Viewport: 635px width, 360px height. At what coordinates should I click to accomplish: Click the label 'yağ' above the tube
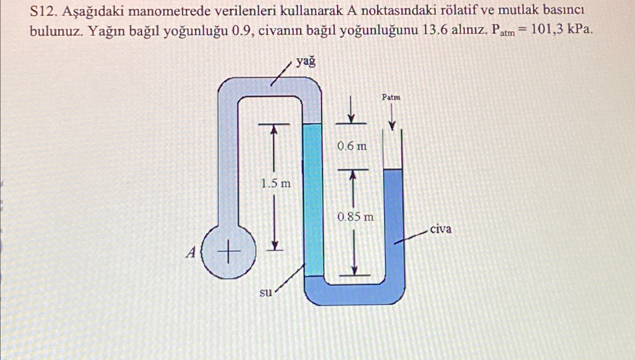tap(306, 62)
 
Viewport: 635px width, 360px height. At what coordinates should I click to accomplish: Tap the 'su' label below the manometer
tap(266, 292)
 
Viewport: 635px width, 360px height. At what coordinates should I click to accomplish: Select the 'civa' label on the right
tap(441, 229)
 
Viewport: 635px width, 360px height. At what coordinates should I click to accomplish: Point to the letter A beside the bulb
tap(191, 252)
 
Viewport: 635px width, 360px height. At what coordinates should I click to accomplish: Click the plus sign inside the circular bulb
tap(228, 252)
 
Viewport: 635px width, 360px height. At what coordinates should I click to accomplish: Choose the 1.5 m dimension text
tap(275, 184)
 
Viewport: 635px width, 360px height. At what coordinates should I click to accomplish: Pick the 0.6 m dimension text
tap(352, 146)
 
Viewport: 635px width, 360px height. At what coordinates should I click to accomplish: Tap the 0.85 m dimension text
tap(355, 216)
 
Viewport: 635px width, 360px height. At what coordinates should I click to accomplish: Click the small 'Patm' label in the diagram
tap(391, 97)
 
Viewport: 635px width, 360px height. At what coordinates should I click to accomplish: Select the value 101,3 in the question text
tap(546, 30)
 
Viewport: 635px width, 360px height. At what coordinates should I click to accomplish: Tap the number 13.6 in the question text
tap(434, 31)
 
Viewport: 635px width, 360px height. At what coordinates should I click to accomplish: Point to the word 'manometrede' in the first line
tap(170, 12)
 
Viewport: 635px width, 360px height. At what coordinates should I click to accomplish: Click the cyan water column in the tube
tap(313, 198)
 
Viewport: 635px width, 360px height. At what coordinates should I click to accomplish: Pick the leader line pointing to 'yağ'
tap(281, 74)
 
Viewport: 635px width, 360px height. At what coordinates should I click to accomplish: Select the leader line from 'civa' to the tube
tap(411, 237)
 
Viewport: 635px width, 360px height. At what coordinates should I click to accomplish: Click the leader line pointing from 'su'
tap(289, 279)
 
